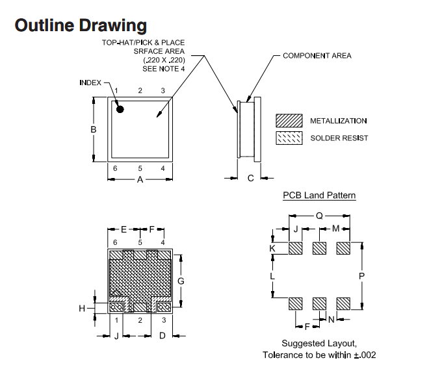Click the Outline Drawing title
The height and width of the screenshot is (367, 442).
click(x=81, y=26)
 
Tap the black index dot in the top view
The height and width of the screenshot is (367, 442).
click(x=120, y=109)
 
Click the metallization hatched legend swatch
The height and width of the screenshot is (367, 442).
click(x=289, y=121)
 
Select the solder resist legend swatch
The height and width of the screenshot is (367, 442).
click(x=289, y=138)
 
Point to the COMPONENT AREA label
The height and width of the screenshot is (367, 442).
click(x=317, y=56)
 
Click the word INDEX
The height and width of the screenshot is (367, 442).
click(x=90, y=82)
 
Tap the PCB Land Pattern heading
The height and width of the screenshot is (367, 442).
click(x=319, y=195)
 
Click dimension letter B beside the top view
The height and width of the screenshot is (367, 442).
click(x=94, y=129)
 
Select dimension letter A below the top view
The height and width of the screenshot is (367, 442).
click(x=140, y=179)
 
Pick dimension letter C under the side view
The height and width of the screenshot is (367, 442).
click(x=251, y=178)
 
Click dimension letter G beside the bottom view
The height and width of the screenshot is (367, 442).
click(x=181, y=281)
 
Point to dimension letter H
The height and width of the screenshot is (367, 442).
click(x=82, y=309)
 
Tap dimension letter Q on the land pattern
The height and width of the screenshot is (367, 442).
click(x=319, y=216)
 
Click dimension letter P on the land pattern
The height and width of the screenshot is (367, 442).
click(x=361, y=276)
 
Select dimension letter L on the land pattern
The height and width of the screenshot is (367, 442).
click(x=272, y=276)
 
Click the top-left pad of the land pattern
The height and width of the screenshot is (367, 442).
click(x=296, y=248)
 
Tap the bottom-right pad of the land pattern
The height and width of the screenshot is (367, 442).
click(x=343, y=303)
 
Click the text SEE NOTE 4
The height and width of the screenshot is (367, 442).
click(x=164, y=69)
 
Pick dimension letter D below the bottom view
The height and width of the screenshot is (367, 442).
click(x=162, y=336)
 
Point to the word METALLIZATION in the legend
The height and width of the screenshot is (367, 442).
click(x=339, y=121)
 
